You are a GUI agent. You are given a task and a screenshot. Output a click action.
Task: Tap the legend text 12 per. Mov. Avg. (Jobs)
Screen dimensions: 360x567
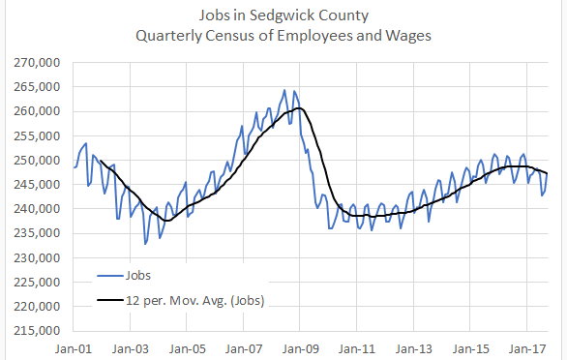[x=196, y=301]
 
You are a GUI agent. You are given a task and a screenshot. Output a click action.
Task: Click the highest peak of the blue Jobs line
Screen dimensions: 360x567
[x=284, y=90]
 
